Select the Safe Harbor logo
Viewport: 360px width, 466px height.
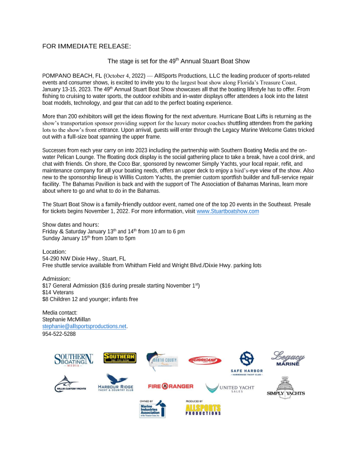tap(246, 362)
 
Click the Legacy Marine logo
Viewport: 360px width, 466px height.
tap(287, 359)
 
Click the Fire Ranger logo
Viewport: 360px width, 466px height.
tap(171, 386)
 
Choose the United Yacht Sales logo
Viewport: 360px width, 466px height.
tap(230, 388)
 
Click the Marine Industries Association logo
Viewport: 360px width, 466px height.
tap(152, 410)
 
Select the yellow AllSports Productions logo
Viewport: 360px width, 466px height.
tap(203, 409)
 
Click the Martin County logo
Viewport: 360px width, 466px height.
tap(162, 361)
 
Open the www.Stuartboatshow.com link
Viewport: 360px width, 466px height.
tap(228, 211)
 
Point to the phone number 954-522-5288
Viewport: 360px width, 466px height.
tap(59, 334)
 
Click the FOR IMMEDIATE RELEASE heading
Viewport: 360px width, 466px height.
tap(86, 45)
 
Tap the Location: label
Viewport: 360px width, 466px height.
tap(54, 252)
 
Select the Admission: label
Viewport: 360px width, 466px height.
tap(56, 279)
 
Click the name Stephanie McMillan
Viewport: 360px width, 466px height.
tap(66, 320)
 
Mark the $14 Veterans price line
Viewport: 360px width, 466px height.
tap(58, 292)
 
